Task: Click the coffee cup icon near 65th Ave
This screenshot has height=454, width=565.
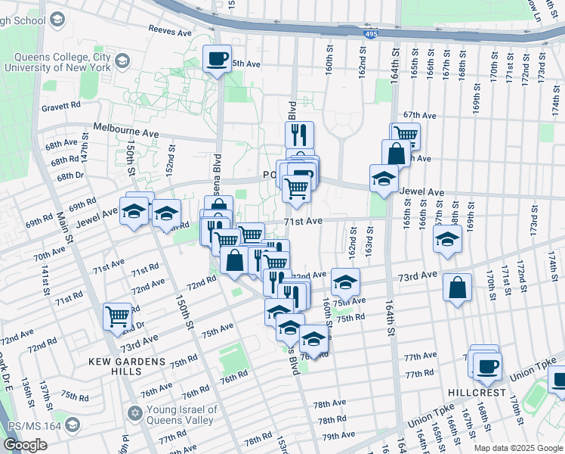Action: [x=217, y=58]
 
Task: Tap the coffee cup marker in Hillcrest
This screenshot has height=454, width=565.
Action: [x=487, y=367]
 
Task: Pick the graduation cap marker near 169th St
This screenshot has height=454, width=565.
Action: [x=448, y=240]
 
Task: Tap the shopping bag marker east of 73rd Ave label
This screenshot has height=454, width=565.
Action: [x=458, y=288]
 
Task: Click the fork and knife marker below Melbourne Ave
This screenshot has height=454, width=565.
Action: [x=300, y=135]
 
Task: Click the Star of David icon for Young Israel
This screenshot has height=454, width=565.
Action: [x=136, y=414]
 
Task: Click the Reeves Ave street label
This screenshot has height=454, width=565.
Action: [x=171, y=32]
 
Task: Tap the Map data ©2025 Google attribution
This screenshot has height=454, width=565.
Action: [x=518, y=448]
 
